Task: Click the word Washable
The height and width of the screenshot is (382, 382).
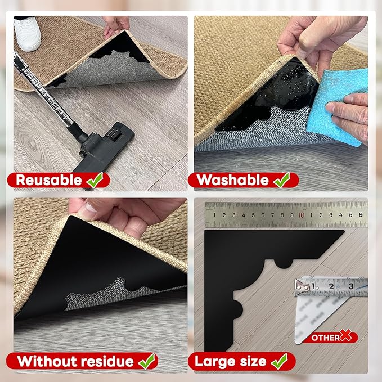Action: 232,180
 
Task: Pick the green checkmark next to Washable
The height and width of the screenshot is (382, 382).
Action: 281,179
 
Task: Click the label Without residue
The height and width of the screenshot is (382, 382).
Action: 74,361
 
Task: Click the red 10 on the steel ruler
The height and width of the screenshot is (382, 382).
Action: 302,215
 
